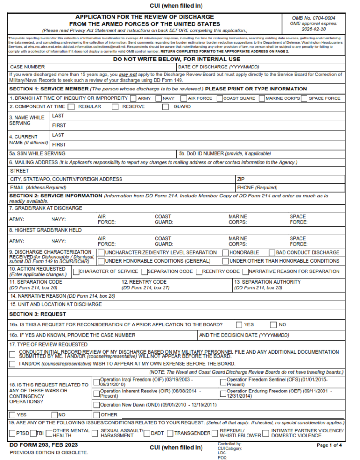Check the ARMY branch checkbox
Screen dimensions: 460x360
click(134, 98)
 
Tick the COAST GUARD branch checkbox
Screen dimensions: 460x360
click(219, 98)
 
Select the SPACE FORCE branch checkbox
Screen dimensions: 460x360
click(304, 98)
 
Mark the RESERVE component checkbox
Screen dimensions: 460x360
click(115, 106)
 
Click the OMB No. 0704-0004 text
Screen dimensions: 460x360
click(314, 18)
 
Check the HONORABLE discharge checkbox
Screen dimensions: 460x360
click(225, 253)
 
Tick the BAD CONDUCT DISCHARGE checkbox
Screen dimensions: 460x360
click(271, 253)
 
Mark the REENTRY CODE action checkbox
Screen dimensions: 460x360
click(199, 271)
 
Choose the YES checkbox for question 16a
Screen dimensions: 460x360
click(239, 324)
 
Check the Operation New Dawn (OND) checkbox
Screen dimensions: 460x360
click(97, 405)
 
